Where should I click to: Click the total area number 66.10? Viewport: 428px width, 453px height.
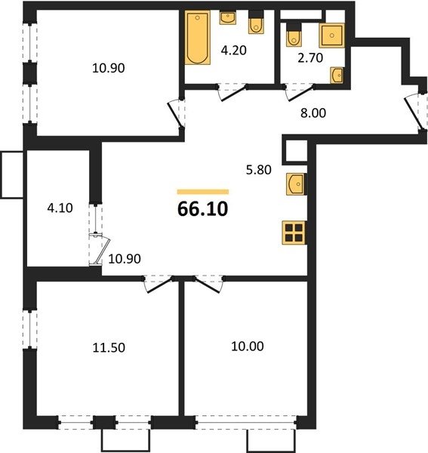[203, 209]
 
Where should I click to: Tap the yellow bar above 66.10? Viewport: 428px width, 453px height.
[203, 192]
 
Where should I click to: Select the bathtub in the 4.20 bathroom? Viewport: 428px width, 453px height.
[198, 38]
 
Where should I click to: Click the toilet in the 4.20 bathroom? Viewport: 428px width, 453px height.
[256, 23]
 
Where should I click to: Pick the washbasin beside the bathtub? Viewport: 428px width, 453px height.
[227, 18]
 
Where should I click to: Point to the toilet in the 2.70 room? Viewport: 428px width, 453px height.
[294, 35]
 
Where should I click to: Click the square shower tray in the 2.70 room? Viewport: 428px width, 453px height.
[332, 35]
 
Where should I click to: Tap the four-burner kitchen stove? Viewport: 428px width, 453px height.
[294, 233]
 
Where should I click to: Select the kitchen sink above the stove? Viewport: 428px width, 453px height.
[296, 184]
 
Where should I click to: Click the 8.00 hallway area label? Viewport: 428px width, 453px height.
[313, 113]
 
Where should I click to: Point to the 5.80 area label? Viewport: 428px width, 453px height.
[258, 170]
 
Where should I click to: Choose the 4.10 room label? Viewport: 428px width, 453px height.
[60, 208]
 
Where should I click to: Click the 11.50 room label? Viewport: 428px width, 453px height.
[109, 347]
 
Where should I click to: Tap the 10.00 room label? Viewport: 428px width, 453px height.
[247, 346]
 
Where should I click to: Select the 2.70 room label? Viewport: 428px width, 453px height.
[310, 58]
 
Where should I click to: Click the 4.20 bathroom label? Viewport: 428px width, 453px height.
[234, 51]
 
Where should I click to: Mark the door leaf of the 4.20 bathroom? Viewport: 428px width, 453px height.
[232, 94]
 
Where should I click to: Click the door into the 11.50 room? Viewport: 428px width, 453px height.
[160, 285]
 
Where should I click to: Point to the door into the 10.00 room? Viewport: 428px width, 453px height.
[208, 285]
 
